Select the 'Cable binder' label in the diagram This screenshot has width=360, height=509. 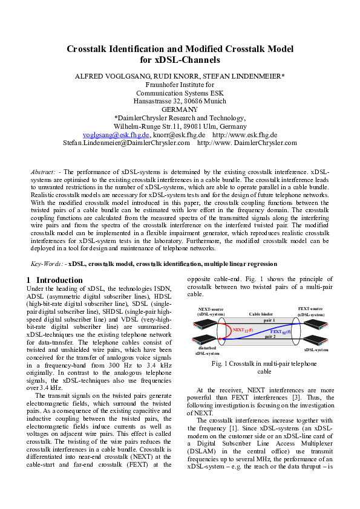(261, 314)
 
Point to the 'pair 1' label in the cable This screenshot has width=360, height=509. (269, 320)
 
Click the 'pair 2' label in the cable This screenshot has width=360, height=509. (269, 337)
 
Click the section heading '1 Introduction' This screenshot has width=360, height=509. (55, 280)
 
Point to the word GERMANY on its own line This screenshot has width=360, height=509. (180, 109)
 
